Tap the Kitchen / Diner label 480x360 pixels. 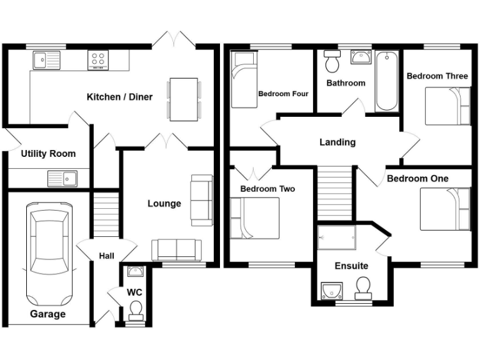click(119, 97)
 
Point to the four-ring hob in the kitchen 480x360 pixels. click(98, 60)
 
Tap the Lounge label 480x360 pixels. click(164, 203)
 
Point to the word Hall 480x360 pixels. click(106, 256)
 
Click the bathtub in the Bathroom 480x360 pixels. click(387, 81)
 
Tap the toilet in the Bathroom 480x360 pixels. click(332, 62)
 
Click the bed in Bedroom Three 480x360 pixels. click(447, 106)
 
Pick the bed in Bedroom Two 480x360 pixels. click(254, 217)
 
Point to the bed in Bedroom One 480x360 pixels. click(444, 209)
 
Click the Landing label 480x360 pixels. click(337, 142)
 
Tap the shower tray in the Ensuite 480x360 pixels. click(336, 237)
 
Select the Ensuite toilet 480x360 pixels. click(362, 288)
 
